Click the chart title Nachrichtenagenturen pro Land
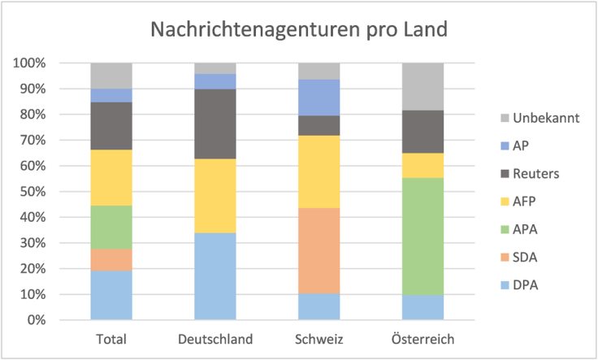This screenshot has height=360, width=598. click(x=299, y=30)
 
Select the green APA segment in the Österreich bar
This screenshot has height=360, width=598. click(x=423, y=236)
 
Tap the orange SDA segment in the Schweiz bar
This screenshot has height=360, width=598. click(x=319, y=251)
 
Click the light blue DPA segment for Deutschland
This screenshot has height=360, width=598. click(x=215, y=276)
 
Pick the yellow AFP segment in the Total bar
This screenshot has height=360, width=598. click(x=111, y=178)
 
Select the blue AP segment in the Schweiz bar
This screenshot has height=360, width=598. click(x=319, y=98)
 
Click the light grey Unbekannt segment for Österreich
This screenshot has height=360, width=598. click(x=423, y=86)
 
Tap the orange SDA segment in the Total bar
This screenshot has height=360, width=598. click(x=111, y=259)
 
